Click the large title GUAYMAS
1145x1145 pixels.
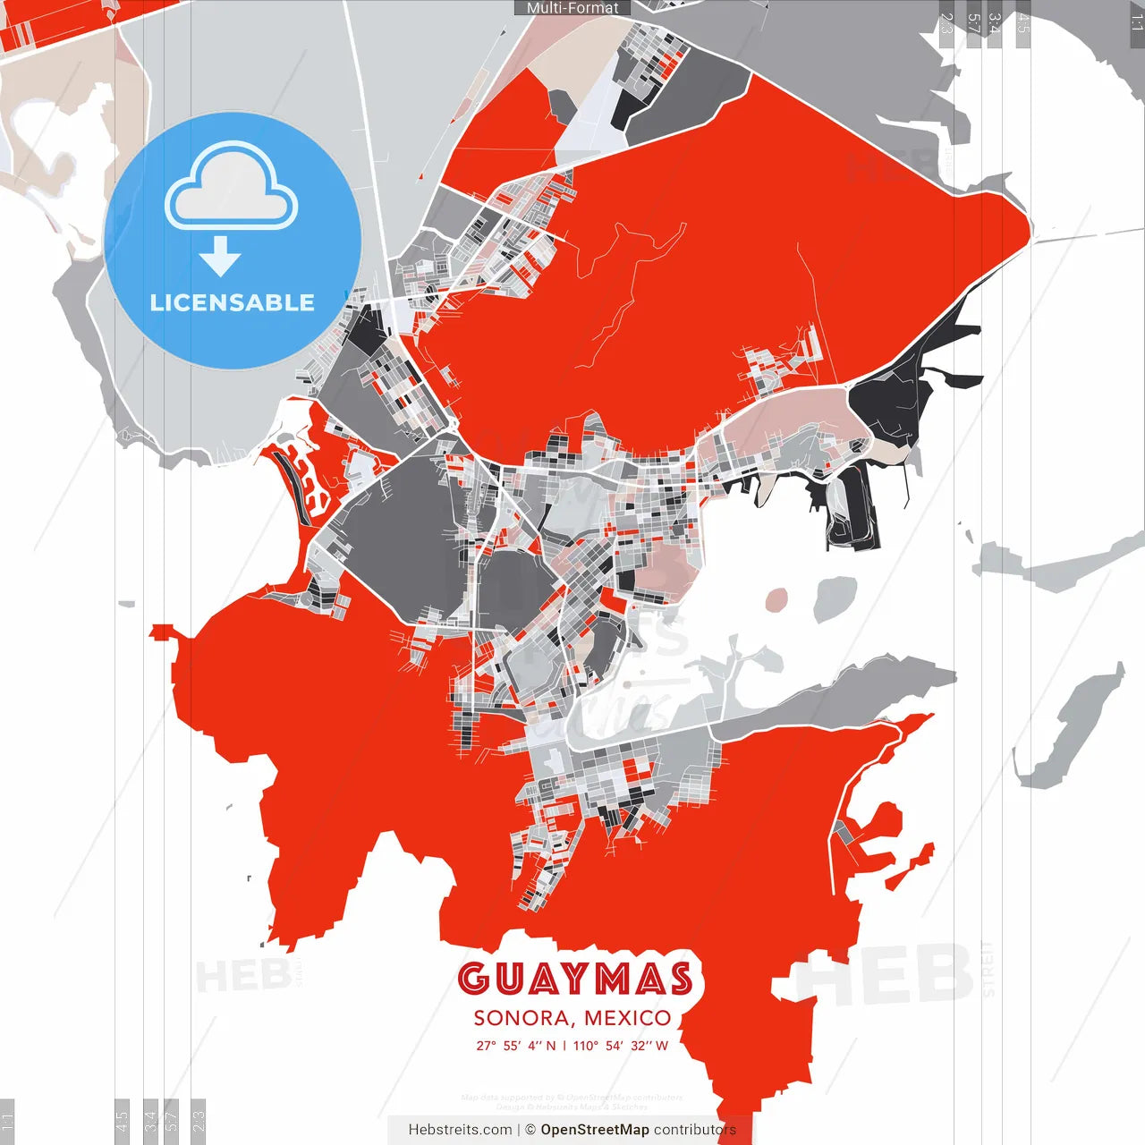[x=575, y=979]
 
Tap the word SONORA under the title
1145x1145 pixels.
[x=523, y=1018]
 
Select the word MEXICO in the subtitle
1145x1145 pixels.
[x=628, y=1018]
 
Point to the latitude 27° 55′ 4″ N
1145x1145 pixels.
[x=516, y=1046]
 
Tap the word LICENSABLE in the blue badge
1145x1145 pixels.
[x=233, y=302]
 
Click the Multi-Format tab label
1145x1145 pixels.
[x=572, y=8]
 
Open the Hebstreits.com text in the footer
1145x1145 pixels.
[x=460, y=1130]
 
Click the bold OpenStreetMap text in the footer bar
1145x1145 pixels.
[x=595, y=1130]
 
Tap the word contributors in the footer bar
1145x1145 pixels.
[x=694, y=1130]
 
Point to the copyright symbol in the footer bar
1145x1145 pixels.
[x=530, y=1130]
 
